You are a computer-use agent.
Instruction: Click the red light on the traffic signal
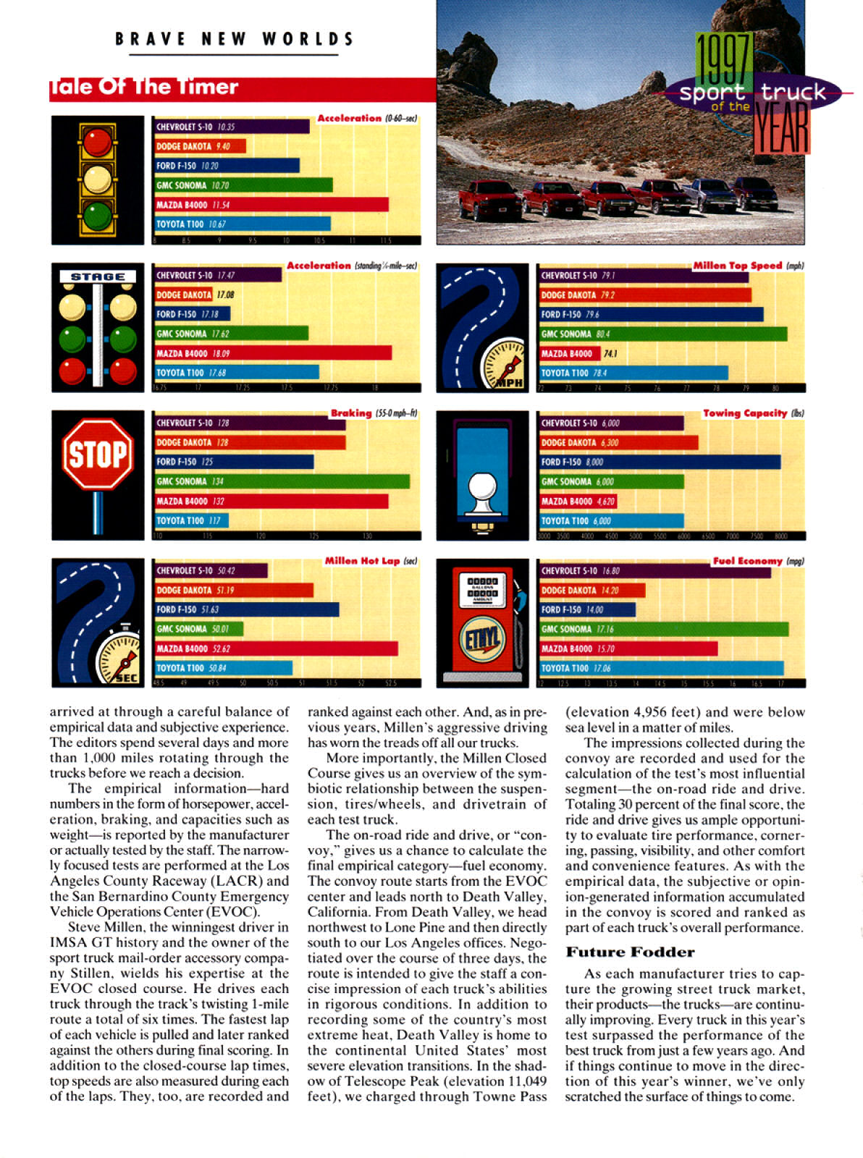tap(97, 142)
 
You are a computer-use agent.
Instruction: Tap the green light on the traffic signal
tap(97, 215)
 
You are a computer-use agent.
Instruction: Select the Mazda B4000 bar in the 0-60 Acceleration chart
tap(271, 205)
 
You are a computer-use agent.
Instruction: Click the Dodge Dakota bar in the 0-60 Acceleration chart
tap(200, 146)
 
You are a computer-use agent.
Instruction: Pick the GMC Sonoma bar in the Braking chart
tap(282, 481)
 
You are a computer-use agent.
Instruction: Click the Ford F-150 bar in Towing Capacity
tap(660, 462)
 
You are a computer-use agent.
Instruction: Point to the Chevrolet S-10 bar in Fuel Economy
tap(655, 571)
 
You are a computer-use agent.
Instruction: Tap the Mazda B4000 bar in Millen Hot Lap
tap(276, 648)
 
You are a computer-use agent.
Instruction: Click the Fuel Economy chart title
tap(748, 561)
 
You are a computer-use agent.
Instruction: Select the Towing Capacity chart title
tap(745, 413)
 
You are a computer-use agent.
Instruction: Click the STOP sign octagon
tap(98, 455)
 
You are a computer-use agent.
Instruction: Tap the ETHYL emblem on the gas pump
tap(482, 638)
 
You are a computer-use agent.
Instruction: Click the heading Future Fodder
tap(630, 952)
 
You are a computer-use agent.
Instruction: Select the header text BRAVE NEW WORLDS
tap(235, 39)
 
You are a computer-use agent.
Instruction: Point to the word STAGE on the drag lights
tap(98, 276)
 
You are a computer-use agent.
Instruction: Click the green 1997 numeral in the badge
tap(723, 61)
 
